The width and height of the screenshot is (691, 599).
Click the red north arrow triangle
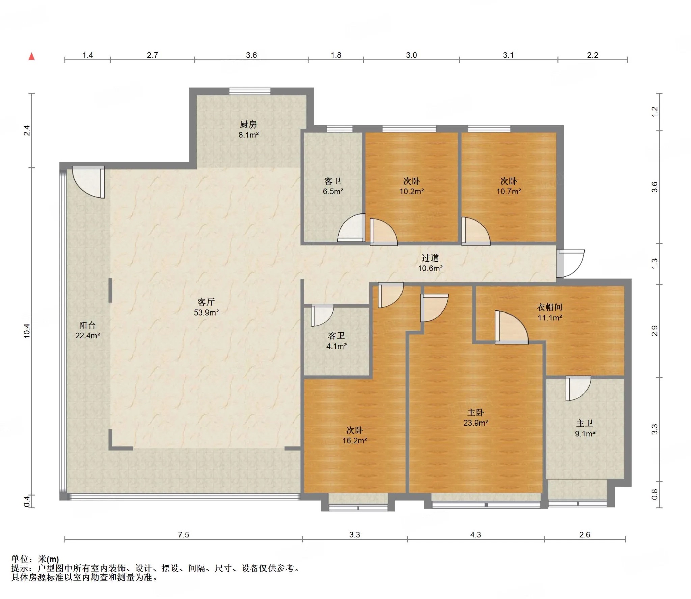(x=32, y=56)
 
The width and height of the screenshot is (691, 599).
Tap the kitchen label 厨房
(x=248, y=125)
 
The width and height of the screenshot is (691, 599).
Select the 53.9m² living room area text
(x=206, y=312)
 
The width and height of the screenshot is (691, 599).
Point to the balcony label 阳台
(x=87, y=325)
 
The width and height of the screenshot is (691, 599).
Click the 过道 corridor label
(x=430, y=258)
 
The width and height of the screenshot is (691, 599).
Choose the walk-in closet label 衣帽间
(x=550, y=307)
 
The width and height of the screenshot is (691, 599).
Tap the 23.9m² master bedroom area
(x=476, y=423)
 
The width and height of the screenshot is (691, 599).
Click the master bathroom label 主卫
(x=585, y=423)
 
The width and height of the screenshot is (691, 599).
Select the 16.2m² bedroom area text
(x=355, y=441)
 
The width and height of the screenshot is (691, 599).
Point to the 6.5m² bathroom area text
(x=333, y=192)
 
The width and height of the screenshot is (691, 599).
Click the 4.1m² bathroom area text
(x=337, y=346)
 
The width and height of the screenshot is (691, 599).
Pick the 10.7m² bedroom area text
(x=509, y=192)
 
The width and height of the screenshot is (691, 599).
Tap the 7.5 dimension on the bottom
(x=184, y=535)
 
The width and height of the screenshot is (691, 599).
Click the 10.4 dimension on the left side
(x=27, y=331)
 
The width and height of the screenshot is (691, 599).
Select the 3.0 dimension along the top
(x=411, y=55)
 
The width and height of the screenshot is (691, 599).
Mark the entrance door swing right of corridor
(x=571, y=264)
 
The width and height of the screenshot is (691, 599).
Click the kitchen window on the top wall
(x=250, y=91)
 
